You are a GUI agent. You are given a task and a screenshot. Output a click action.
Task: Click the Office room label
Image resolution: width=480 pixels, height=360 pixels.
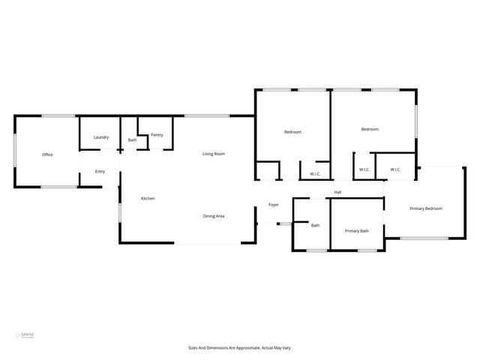[x=47, y=154]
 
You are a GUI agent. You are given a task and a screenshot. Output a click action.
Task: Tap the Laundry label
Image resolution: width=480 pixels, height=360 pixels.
[x=101, y=137]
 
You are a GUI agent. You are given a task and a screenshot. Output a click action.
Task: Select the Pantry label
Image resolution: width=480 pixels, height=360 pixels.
[x=157, y=135]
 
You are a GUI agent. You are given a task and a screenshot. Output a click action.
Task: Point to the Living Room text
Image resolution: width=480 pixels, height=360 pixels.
[x=214, y=154]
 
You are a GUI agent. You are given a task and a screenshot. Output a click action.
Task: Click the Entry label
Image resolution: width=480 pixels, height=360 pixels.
[x=100, y=172]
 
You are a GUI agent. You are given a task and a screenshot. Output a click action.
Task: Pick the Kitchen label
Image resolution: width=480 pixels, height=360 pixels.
[x=148, y=198]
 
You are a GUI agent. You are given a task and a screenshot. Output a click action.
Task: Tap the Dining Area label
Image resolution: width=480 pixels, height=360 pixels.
[x=214, y=216]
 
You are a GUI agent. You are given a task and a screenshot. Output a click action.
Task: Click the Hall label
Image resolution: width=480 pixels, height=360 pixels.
[x=338, y=193]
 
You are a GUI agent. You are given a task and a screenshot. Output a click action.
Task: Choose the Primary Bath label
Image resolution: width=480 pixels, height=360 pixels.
[x=356, y=230]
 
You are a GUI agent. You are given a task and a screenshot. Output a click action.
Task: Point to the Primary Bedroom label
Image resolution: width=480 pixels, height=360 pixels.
[x=425, y=208]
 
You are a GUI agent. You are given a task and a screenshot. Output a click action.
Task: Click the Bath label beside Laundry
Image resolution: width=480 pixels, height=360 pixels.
[x=132, y=140]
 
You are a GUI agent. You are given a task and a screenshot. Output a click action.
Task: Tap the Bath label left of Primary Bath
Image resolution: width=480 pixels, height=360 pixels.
[x=316, y=225]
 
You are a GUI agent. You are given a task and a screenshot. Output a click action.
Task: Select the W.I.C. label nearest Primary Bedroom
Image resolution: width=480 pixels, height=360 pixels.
[x=395, y=169]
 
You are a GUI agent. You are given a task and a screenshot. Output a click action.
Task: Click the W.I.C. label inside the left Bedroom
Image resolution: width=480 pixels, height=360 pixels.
[x=316, y=175]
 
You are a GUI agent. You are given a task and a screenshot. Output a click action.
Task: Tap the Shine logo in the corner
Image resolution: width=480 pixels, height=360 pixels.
[x=25, y=334]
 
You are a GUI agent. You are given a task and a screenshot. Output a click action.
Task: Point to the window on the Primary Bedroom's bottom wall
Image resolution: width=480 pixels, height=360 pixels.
[x=424, y=238]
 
